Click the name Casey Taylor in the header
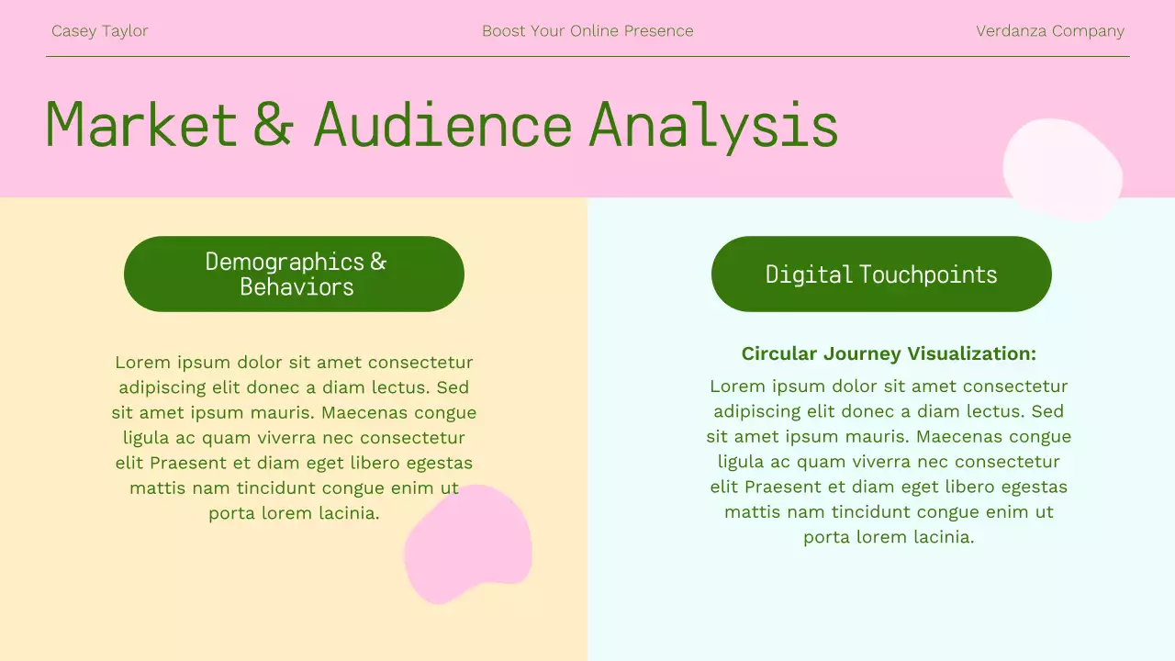pyautogui.click(x=99, y=31)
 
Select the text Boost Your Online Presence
pyautogui.click(x=587, y=31)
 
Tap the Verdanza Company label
pyautogui.click(x=1049, y=31)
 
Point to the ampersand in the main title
pyautogui.click(x=274, y=125)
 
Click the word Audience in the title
pyautogui.click(x=442, y=125)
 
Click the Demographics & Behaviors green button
pyautogui.click(x=294, y=274)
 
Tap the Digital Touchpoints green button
pyautogui.click(x=881, y=274)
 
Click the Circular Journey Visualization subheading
pyautogui.click(x=889, y=353)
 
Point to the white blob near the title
pyautogui.click(x=1062, y=170)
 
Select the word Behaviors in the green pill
pyautogui.click(x=297, y=287)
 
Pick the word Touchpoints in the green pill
pyautogui.click(x=928, y=274)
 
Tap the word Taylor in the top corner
pyautogui.click(x=124, y=31)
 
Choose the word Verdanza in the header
pyautogui.click(x=1011, y=31)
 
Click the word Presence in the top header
pyautogui.click(x=658, y=31)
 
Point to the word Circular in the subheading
pyautogui.click(x=779, y=353)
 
